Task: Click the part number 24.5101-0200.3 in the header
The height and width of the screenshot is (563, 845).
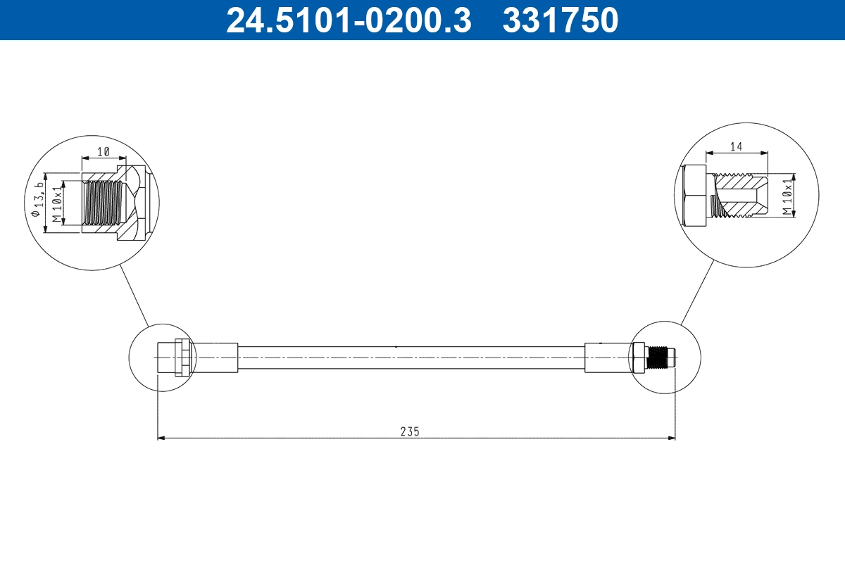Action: point(348,20)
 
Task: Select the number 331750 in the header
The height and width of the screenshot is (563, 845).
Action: point(560,20)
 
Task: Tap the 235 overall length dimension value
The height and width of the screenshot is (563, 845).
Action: point(410,431)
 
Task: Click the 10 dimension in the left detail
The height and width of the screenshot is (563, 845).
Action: point(104,151)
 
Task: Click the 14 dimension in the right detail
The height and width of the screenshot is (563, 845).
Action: point(737,146)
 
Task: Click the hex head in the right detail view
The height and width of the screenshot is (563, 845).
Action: point(695,196)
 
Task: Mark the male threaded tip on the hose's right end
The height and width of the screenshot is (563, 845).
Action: point(661,358)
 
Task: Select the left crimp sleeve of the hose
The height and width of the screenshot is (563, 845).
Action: point(215,358)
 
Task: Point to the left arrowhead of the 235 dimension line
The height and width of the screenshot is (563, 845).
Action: point(161,438)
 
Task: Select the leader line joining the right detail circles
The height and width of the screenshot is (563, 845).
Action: point(698,292)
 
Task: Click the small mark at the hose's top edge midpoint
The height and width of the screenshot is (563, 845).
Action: point(396,346)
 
